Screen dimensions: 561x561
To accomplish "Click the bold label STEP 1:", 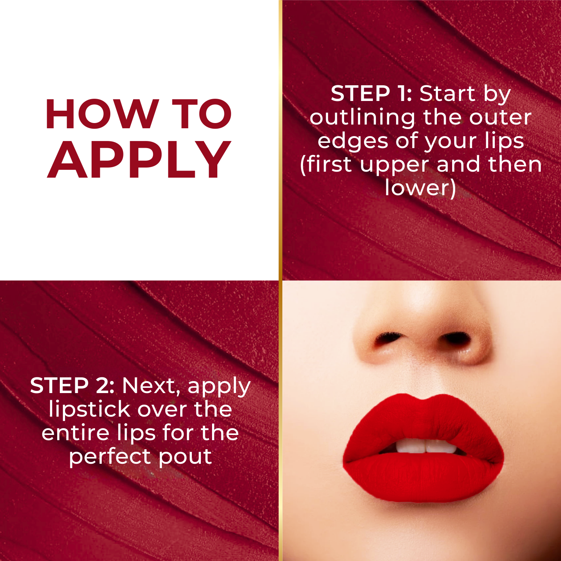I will (371, 93).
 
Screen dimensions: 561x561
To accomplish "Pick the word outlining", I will (362, 118).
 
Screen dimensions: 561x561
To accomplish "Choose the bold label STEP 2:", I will (72, 386).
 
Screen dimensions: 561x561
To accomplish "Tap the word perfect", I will (111, 457).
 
